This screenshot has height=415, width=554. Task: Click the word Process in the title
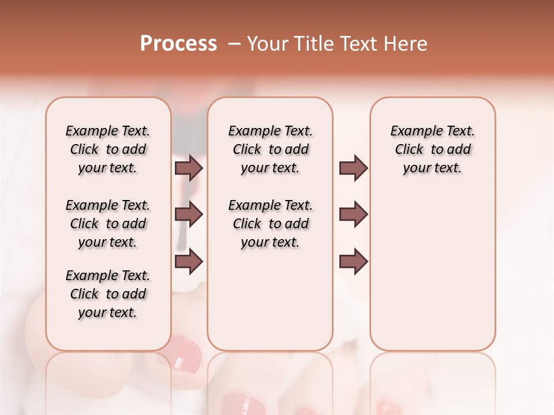point(178,44)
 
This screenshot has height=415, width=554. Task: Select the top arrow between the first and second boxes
point(189,168)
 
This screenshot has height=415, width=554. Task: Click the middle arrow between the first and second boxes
point(189,214)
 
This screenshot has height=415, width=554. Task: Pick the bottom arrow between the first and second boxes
point(189,261)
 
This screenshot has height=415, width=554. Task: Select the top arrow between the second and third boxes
point(353,168)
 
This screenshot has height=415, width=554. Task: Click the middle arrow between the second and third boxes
point(353,214)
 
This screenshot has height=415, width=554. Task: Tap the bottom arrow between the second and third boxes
point(353,261)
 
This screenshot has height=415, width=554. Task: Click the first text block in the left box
point(108,149)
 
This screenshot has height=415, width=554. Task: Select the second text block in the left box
point(108,224)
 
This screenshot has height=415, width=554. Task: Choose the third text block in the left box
point(108,294)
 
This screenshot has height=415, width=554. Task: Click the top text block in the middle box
point(270,149)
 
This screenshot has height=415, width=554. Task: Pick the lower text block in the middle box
point(270,224)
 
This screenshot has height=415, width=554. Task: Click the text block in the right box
point(432,149)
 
